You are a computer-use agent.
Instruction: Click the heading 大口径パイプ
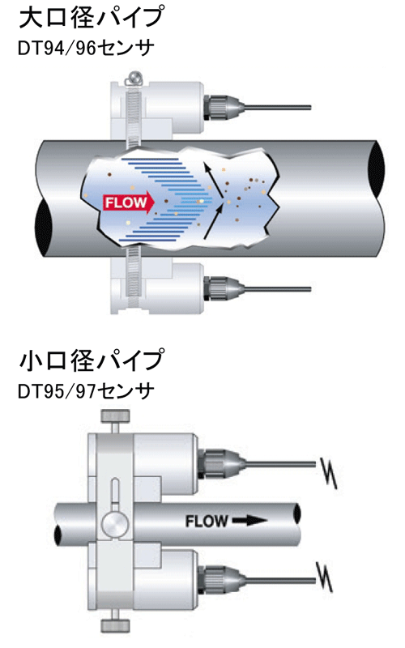click(92, 18)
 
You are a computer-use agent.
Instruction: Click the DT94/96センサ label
click(86, 49)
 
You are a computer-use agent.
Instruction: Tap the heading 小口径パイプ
click(92, 360)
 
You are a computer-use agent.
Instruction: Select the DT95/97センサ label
click(86, 390)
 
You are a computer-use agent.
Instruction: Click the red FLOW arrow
click(129, 202)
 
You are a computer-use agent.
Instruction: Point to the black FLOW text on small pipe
click(207, 521)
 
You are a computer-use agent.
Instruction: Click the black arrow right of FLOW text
click(249, 521)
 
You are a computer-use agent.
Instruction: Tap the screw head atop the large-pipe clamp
click(134, 77)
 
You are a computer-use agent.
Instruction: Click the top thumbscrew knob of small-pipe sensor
click(115, 416)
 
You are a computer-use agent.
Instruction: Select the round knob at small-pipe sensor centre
click(115, 524)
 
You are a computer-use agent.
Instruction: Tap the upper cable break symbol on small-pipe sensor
click(329, 472)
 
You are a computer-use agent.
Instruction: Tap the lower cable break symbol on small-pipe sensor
click(325, 577)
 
